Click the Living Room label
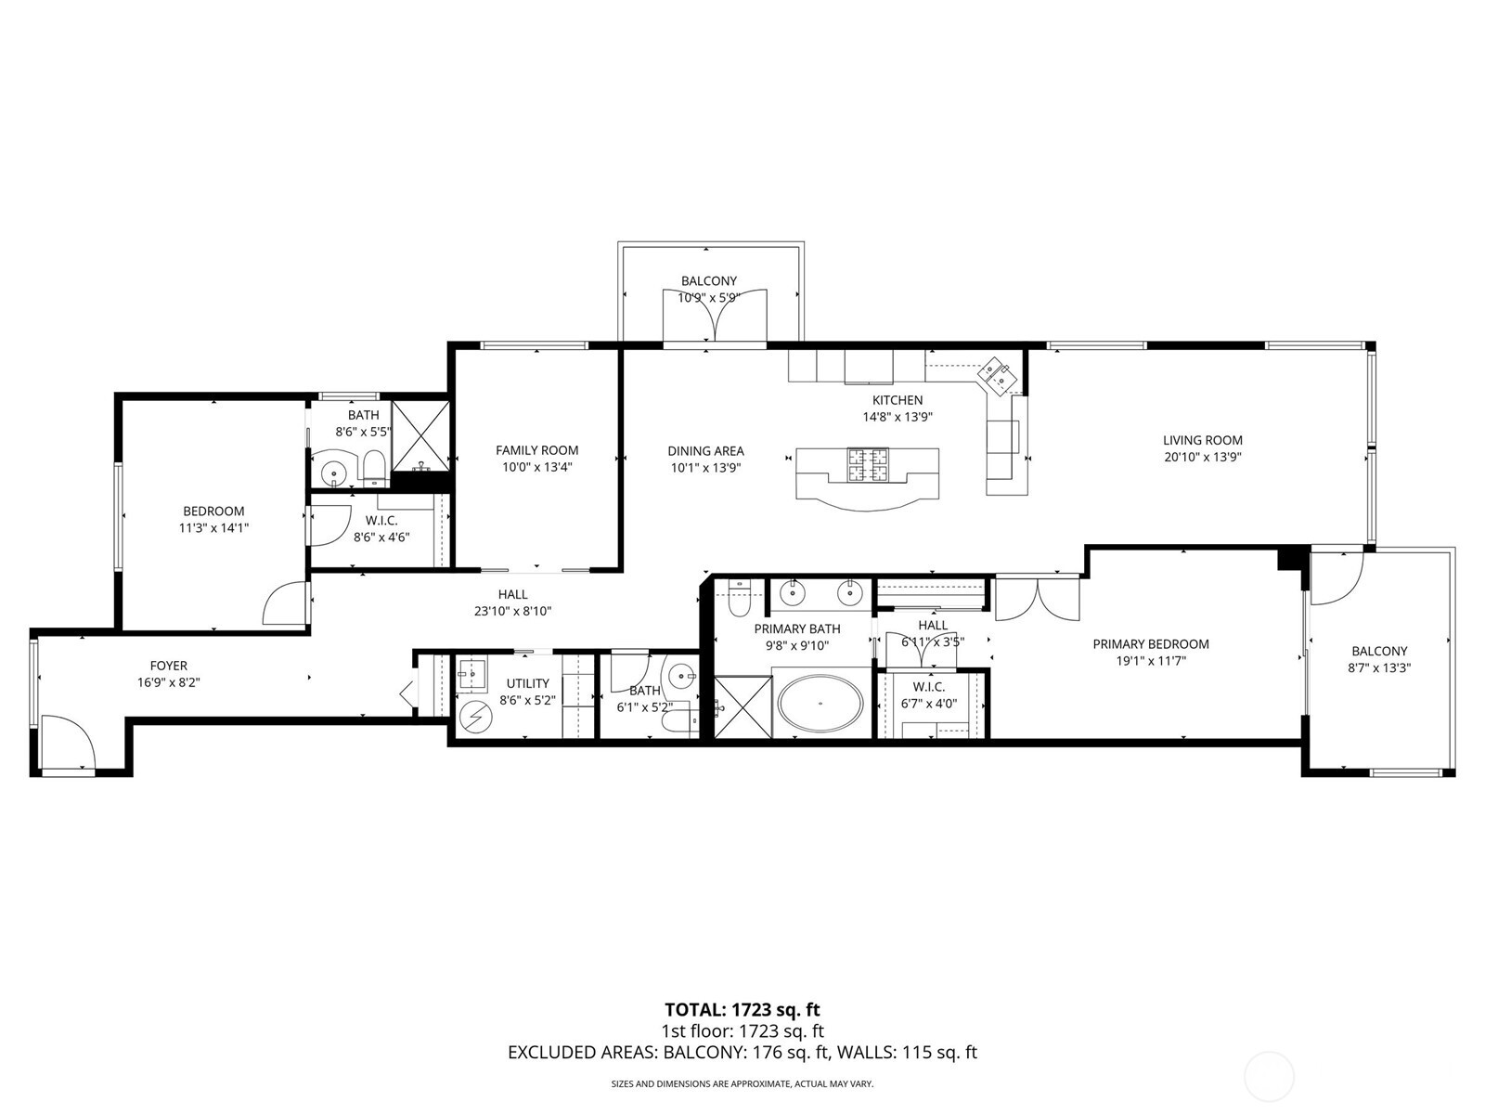[x=1202, y=440]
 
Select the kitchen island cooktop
[x=866, y=465]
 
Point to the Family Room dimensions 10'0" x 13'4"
[x=536, y=467]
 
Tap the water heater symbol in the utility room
[x=477, y=716]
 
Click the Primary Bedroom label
[x=1150, y=644]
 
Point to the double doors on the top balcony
[x=715, y=317]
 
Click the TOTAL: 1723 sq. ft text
[x=742, y=1009]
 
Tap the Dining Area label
[x=705, y=451]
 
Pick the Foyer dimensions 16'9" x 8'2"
[x=169, y=681]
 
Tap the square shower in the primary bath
[x=742, y=706]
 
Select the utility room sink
[x=472, y=674]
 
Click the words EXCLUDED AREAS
[x=581, y=1053]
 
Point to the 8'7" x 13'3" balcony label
[x=1378, y=667]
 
